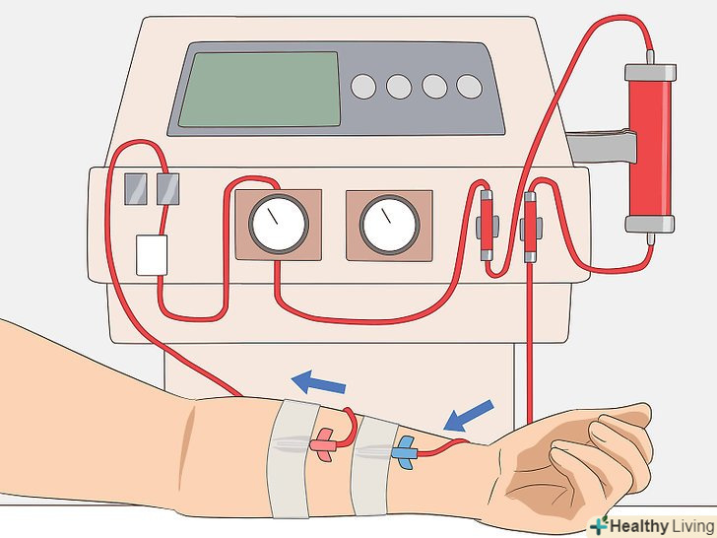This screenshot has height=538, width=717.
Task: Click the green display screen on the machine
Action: point(259,90)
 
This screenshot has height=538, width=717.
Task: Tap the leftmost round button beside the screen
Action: point(363,87)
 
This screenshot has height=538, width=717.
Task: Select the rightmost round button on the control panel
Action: point(470,86)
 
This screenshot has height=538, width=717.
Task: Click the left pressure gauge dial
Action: point(279,225)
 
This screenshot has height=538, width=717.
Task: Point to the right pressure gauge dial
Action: point(390,225)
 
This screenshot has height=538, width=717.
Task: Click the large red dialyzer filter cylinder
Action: point(650,149)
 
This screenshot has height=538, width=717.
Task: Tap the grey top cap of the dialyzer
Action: point(650,73)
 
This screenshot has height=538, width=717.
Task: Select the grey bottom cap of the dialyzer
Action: point(650,225)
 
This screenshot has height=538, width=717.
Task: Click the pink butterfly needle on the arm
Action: point(324,444)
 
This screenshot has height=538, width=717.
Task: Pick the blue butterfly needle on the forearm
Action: point(405,453)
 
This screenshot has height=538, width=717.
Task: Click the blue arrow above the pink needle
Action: point(319,382)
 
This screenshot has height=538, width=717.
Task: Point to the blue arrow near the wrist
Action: point(469,416)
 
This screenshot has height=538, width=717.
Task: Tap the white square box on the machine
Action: point(152,255)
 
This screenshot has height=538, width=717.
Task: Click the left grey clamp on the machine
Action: point(136,189)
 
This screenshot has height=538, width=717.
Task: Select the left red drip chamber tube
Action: point(487,225)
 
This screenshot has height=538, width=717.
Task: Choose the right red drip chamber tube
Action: point(530,228)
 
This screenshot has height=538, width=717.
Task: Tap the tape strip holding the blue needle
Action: point(373,466)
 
